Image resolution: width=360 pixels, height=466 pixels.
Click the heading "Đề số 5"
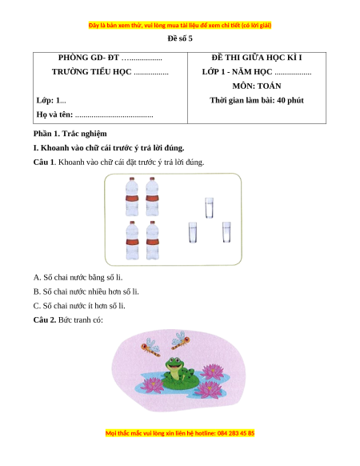point(180,38)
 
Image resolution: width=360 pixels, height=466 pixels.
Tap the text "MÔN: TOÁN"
point(257,86)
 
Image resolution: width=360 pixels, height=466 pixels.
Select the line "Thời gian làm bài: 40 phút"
point(257,100)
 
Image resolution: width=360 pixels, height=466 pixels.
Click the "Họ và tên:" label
point(54,114)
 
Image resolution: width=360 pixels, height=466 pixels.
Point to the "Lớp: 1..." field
point(51,100)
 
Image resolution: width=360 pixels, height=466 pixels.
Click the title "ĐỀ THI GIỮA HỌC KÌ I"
point(257,58)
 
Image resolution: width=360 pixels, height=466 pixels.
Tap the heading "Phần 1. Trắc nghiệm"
point(70,134)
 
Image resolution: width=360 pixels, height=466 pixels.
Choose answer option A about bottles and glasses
point(78,277)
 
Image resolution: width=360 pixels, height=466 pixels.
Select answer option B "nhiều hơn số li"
point(86,291)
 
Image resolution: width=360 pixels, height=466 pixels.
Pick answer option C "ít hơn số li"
point(79,306)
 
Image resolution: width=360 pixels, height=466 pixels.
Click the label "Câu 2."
point(45,320)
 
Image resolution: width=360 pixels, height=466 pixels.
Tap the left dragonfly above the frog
point(151,347)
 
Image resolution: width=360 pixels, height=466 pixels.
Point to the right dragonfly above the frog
point(181,340)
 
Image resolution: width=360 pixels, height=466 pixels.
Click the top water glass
point(209,207)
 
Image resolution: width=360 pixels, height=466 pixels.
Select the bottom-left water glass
point(193,232)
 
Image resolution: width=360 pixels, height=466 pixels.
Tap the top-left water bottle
point(131,196)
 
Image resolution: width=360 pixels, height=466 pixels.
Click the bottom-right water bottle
point(152,240)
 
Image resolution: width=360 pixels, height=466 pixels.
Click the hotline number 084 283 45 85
point(236,433)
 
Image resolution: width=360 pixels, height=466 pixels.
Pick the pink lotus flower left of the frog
point(152,385)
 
